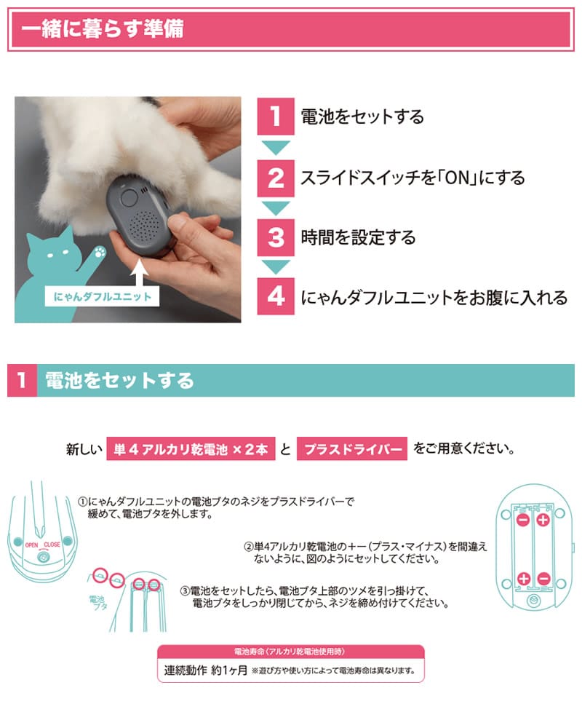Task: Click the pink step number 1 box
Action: [276, 116]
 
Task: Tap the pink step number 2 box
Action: [276, 178]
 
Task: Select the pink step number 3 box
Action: [276, 237]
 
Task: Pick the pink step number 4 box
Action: [276, 296]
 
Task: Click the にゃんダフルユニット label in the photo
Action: [102, 297]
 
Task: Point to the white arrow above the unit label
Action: [139, 273]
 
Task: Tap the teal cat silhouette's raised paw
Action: [100, 253]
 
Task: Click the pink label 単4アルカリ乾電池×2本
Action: [191, 449]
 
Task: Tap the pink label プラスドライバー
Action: [352, 449]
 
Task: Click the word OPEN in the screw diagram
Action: [31, 545]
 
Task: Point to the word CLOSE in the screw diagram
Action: [52, 545]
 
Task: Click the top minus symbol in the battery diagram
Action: [523, 520]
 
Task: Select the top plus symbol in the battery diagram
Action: [543, 520]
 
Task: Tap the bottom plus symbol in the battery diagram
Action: [524, 579]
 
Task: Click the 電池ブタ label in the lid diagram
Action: [97, 603]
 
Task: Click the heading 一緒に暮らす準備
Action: [103, 29]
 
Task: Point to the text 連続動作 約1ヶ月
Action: [206, 670]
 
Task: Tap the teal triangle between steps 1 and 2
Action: [276, 147]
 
